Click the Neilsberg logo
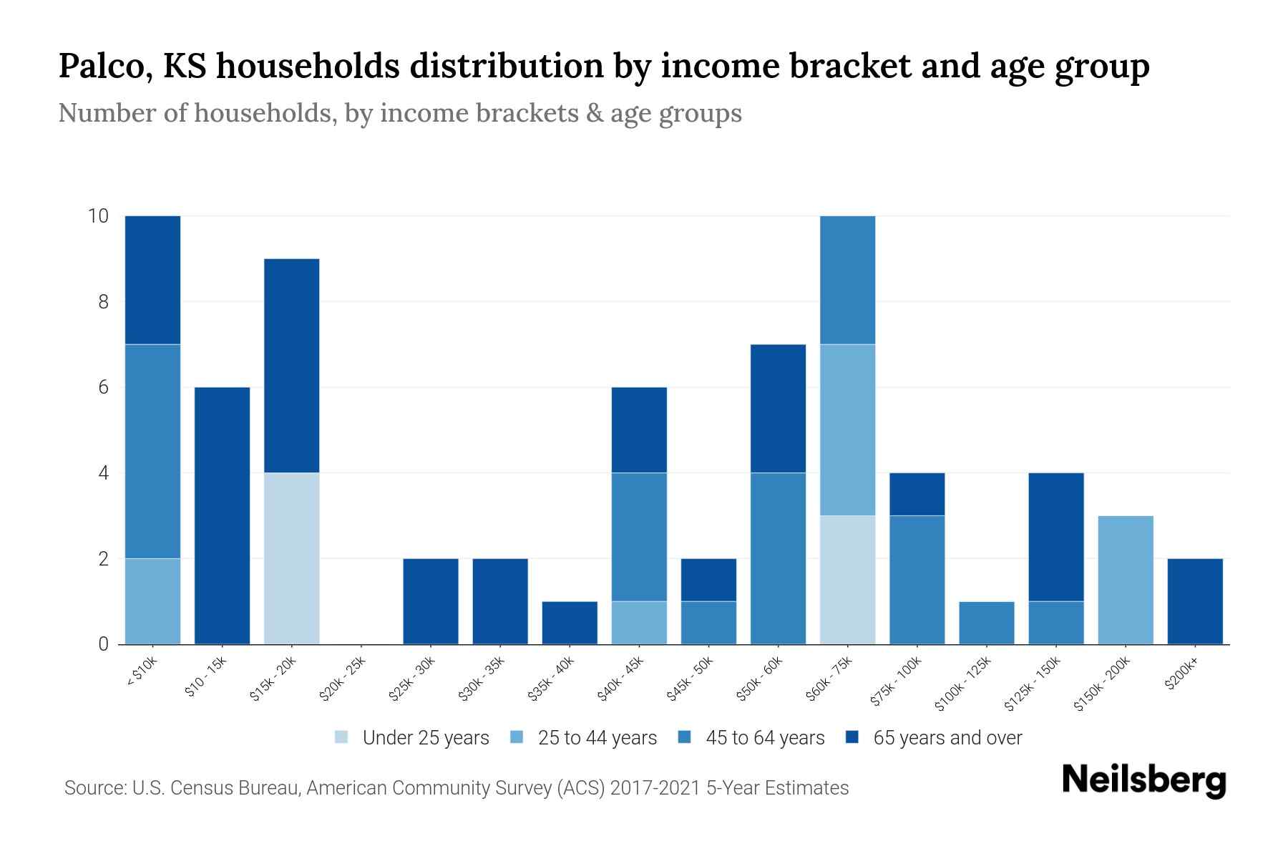click(x=1143, y=781)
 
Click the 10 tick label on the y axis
click(x=98, y=216)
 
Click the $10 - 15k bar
click(x=222, y=515)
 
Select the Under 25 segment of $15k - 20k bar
click(x=291, y=558)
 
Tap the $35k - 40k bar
click(x=570, y=623)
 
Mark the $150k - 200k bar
click(x=1126, y=580)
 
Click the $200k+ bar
click(x=1195, y=601)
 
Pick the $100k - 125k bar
click(x=987, y=623)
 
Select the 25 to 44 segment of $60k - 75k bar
click(x=847, y=429)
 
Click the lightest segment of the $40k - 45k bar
click(x=639, y=623)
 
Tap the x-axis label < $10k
click(x=142, y=672)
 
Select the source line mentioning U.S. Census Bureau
click(x=457, y=788)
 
